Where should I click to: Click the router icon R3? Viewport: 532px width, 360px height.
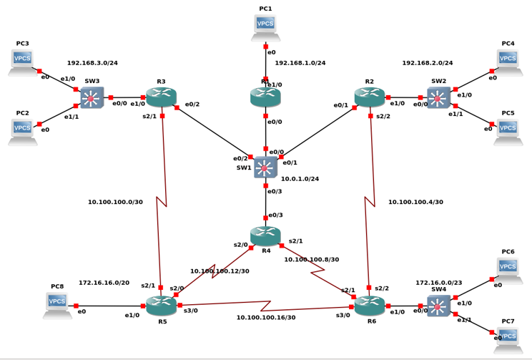coord(161,97)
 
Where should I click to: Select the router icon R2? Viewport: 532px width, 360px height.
coord(369,97)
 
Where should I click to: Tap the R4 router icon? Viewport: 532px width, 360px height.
coord(265,235)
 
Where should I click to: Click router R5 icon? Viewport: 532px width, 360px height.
coord(161,306)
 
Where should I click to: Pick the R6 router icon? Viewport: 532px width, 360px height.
coord(369,306)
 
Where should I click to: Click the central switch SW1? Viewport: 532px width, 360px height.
coord(265,167)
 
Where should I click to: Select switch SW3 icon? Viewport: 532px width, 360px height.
coord(92,97)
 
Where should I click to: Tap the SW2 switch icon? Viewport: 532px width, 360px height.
coord(438,98)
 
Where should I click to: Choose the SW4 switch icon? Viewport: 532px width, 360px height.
coord(438,306)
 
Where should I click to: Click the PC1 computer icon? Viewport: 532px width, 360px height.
coord(265,26)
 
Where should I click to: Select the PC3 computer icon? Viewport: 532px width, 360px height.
coord(22,62)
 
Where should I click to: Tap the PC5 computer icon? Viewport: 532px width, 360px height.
coord(507,132)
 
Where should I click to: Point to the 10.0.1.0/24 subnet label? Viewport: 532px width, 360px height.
coord(300,179)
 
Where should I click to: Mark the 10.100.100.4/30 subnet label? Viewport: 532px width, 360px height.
coord(415,202)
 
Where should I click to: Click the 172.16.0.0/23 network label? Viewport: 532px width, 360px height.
coord(440,283)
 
